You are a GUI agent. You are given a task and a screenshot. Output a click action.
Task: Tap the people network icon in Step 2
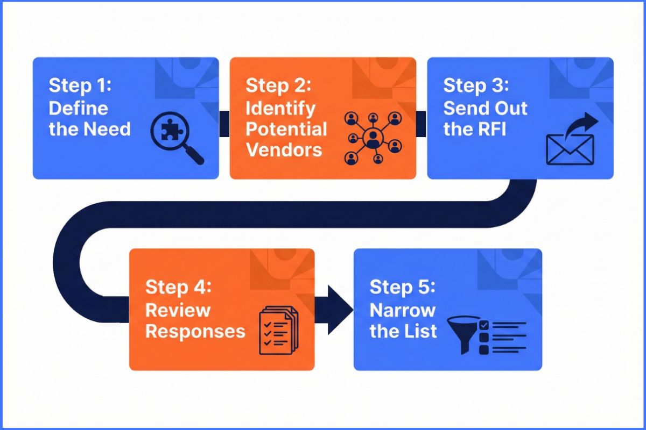(373, 138)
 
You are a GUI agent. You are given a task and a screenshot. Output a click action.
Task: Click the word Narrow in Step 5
(402, 310)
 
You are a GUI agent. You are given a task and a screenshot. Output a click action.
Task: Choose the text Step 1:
(79, 86)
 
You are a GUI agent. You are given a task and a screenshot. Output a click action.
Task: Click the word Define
(78, 108)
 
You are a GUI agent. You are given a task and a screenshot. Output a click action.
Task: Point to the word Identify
(280, 108)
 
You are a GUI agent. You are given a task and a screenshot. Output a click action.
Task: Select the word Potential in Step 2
(286, 129)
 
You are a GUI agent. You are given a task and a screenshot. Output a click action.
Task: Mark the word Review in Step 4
(178, 310)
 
